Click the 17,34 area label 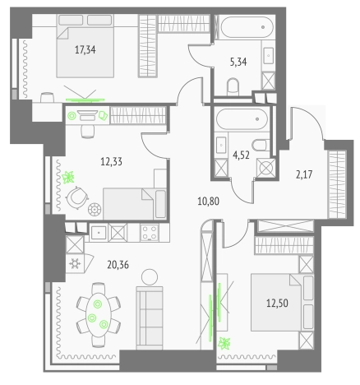tap(85, 50)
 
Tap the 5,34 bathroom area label tap(238, 62)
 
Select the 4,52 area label tap(241, 155)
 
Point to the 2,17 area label tap(304, 174)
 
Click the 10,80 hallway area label tap(208, 202)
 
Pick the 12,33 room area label tap(111, 161)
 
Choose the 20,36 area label tap(118, 265)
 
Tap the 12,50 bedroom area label tap(277, 303)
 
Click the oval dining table tap(99, 315)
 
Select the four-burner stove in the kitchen tap(150, 232)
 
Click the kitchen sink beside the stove tap(99, 233)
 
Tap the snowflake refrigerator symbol tap(75, 264)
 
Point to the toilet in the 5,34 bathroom tap(233, 86)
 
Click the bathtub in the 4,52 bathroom tap(242, 119)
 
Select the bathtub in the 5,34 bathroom tap(247, 27)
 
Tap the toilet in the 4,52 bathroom tap(261, 146)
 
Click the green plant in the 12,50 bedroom tap(224, 343)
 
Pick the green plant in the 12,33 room tap(68, 177)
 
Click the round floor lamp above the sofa tap(150, 277)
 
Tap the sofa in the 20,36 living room tap(150, 318)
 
